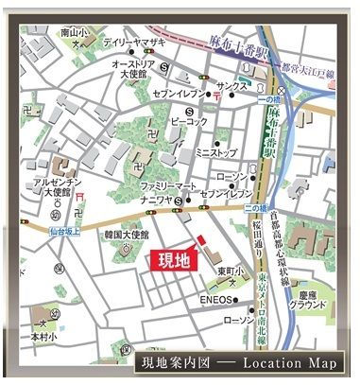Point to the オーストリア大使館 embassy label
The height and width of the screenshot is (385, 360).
tap(132, 69)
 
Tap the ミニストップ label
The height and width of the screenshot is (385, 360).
tap(215, 151)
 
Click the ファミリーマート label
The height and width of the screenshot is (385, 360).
tap(171, 185)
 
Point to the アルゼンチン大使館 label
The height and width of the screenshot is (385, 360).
tap(54, 186)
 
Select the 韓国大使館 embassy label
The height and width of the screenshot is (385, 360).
tap(127, 234)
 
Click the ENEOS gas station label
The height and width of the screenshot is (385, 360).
tap(216, 306)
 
